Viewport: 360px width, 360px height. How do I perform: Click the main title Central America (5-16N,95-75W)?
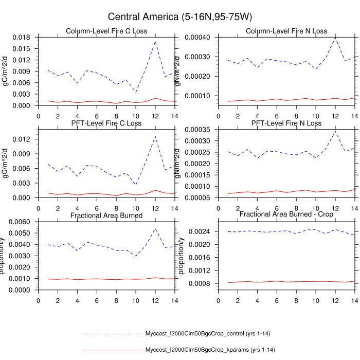tap(180, 17)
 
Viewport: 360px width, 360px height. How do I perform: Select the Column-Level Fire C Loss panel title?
tap(106, 31)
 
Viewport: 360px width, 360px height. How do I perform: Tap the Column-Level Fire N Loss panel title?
tap(286, 31)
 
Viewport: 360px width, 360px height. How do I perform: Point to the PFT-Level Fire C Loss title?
tap(106, 123)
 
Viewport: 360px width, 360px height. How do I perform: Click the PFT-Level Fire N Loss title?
tap(286, 123)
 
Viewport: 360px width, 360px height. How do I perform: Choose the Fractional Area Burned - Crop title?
tap(286, 214)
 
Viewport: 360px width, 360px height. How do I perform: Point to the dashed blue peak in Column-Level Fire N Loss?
tap(335, 38)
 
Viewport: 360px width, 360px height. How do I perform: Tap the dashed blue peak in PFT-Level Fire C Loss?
tap(155, 136)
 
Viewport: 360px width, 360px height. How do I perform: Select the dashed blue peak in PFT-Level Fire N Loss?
tap(335, 131)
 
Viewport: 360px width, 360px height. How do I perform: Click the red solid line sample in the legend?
tap(112, 350)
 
